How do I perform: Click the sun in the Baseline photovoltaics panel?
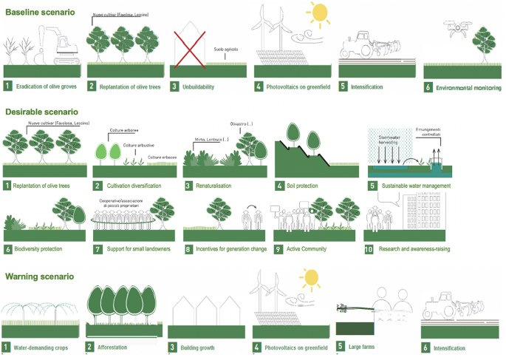(x=320, y=13)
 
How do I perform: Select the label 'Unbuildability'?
(x=204, y=86)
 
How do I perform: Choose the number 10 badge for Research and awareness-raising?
(x=370, y=249)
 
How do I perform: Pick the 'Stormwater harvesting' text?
(x=392, y=138)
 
